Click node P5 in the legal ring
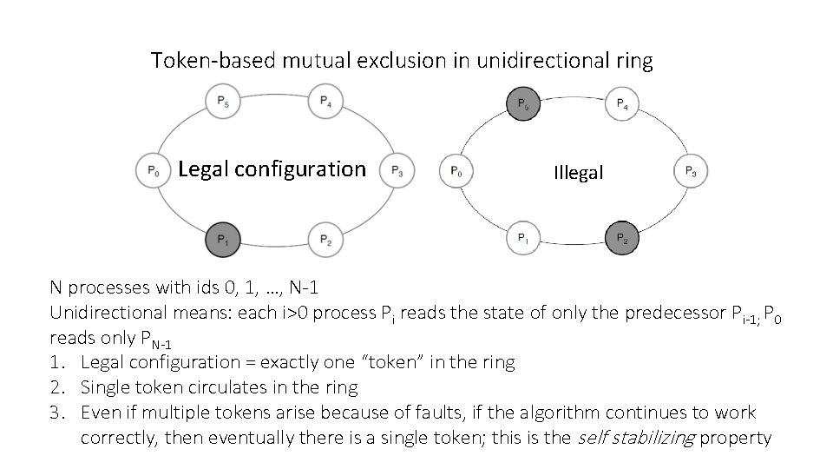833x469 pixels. point(223,102)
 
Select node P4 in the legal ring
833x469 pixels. point(325,102)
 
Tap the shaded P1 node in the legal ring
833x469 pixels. point(223,240)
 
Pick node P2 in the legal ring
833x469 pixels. point(325,240)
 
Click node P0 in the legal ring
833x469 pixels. point(153,171)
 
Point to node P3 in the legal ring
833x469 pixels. point(397,171)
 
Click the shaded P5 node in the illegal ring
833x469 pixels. point(522,103)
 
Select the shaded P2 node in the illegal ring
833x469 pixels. point(622,237)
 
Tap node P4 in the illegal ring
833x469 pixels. point(622,103)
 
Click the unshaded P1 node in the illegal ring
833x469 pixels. point(522,237)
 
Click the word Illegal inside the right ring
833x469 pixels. point(578,173)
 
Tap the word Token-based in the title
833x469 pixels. point(202,61)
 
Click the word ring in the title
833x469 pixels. point(634,61)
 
